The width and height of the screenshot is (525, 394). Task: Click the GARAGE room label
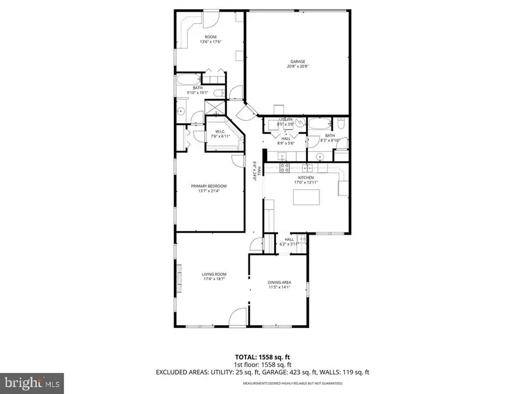298,62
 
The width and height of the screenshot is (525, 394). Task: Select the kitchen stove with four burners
285,168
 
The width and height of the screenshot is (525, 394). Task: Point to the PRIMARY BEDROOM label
209,186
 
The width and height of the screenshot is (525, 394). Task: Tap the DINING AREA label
279,282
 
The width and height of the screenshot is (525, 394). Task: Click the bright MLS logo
30,383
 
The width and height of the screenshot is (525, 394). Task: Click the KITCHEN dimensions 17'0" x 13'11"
306,183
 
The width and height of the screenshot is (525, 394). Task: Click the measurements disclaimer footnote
292,383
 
